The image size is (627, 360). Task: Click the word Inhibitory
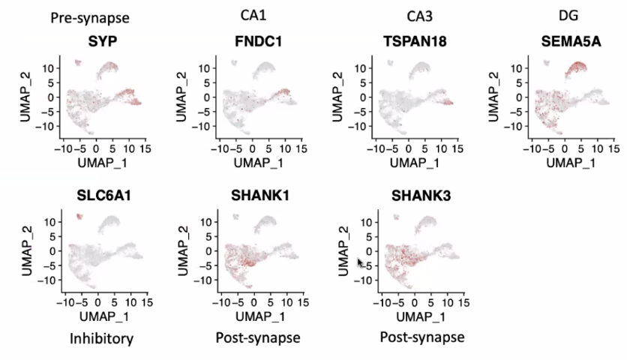101,338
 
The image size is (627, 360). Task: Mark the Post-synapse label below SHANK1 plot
257,338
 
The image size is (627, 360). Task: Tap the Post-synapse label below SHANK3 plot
421,338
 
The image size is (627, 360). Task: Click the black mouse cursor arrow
361,264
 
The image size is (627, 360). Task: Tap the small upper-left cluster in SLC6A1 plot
79,217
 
